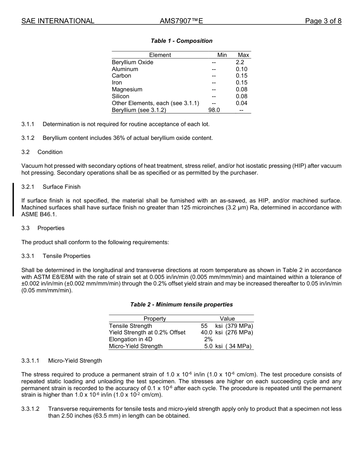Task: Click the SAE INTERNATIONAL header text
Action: coord(58,21)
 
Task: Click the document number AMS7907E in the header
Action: coord(181,21)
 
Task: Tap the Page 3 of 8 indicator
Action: coord(323,21)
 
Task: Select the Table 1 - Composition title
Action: coord(181,41)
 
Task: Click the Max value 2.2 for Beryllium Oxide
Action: coord(240,62)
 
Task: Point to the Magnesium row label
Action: coord(127,89)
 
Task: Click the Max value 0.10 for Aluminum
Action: coord(241,69)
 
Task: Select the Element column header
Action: coord(160,55)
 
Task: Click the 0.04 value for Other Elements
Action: coord(241,103)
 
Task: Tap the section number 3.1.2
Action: coord(28,138)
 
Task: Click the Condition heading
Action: coord(50,152)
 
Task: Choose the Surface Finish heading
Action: coord(62,187)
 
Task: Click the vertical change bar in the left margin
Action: coord(13,199)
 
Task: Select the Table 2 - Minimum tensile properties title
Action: coord(181,305)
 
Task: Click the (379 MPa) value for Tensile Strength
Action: coord(239,326)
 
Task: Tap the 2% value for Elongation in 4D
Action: coord(208,339)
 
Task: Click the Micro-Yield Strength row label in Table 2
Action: coord(136,346)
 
